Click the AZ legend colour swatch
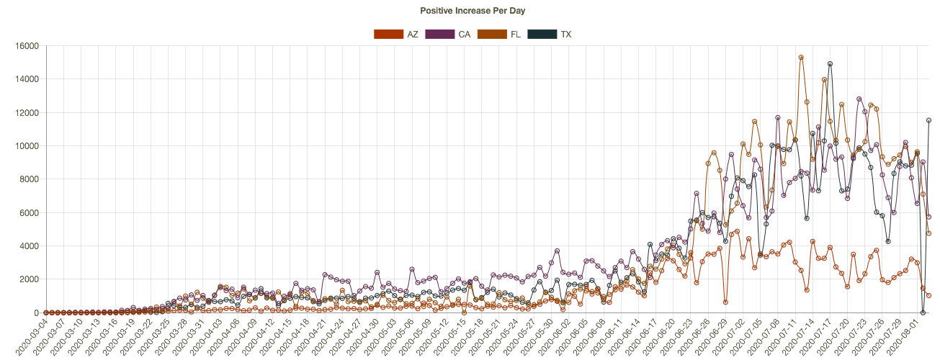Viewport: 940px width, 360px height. [x=388, y=34]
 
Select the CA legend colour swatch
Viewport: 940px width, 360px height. [x=440, y=34]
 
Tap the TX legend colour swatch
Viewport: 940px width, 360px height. [x=542, y=34]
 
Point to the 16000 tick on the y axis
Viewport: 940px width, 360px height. [x=27, y=46]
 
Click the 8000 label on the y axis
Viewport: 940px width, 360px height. [x=30, y=179]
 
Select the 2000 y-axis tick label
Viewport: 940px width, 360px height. [x=30, y=279]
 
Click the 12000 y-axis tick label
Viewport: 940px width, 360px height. [x=27, y=113]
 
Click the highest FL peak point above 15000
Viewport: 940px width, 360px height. [x=801, y=58]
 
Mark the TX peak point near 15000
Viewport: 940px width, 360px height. [x=830, y=64]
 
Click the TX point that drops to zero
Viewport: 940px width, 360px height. [x=923, y=312]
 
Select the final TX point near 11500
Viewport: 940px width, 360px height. [x=929, y=120]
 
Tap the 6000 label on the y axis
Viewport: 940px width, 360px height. [x=30, y=212]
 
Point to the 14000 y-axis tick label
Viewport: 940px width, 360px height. [x=27, y=79]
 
